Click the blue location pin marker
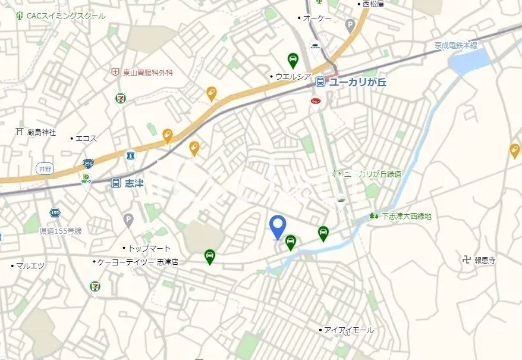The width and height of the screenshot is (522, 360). click(x=278, y=226)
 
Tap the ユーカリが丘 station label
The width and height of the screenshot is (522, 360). click(x=357, y=82)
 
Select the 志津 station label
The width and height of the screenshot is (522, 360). click(x=135, y=184)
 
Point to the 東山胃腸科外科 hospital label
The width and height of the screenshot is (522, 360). click(x=147, y=73)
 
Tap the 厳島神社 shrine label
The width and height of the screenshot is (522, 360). click(x=41, y=132)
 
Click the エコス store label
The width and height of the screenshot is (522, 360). click(x=86, y=139)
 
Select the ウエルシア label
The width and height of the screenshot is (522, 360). click(x=293, y=76)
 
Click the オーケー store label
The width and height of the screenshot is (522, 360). click(x=317, y=18)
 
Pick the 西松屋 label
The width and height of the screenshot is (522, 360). click(x=374, y=4)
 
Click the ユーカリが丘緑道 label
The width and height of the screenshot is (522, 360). click(x=372, y=174)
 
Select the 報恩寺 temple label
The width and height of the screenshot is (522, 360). click(x=485, y=260)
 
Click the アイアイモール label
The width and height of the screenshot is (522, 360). click(x=348, y=330)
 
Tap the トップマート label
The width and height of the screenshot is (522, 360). click(x=149, y=248)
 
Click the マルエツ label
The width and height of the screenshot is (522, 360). click(x=30, y=265)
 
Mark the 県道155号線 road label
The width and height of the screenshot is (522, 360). click(x=61, y=231)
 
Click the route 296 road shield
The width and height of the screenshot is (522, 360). click(x=88, y=163)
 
